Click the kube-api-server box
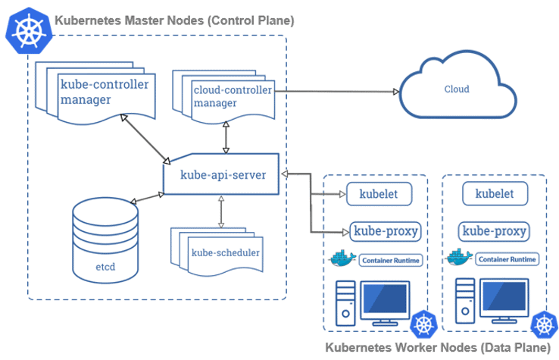tap(222, 175)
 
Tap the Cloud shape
tap(456, 89)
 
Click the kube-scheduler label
tap(226, 252)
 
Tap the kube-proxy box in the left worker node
tap(384, 230)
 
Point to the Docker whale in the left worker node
tap(342, 258)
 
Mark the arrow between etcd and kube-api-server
tap(146, 198)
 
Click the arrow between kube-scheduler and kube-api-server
tap(220, 211)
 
